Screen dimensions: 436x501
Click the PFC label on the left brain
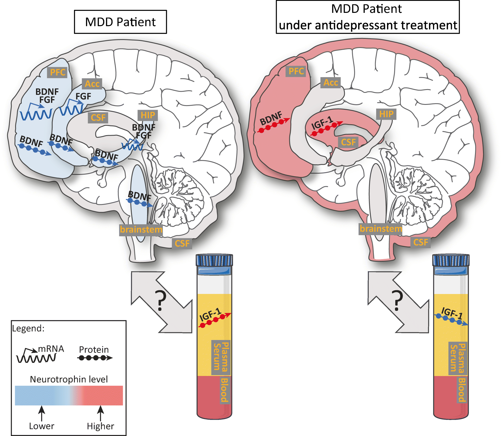(x=57, y=72)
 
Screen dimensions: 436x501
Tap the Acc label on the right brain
(x=330, y=83)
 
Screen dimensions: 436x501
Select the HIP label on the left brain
(x=147, y=115)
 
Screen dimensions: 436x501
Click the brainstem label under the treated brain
(x=380, y=229)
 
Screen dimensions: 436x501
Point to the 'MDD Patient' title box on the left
(x=120, y=22)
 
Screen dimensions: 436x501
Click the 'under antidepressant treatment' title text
(x=368, y=25)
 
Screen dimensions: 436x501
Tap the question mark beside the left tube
(x=161, y=301)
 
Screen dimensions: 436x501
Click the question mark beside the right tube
(x=397, y=301)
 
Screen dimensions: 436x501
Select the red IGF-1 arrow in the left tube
(x=215, y=320)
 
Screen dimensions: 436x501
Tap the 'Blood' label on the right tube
(x=462, y=390)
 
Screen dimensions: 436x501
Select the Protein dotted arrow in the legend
(x=95, y=358)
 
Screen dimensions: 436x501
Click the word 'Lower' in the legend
(x=42, y=426)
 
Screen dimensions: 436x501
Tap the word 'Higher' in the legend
(x=100, y=426)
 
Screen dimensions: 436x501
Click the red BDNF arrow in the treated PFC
(x=274, y=125)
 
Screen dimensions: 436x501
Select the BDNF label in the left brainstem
(x=139, y=196)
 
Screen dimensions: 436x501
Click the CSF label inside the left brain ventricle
(x=98, y=117)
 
